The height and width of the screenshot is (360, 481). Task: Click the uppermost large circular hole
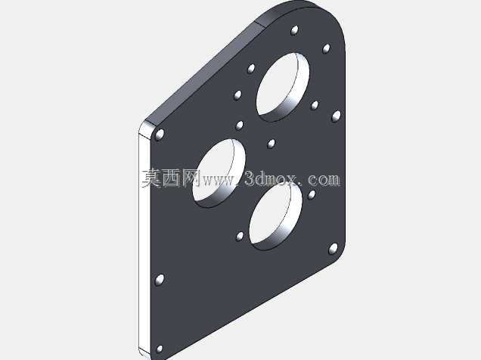click(283, 87)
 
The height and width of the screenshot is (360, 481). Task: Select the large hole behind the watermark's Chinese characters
click(219, 173)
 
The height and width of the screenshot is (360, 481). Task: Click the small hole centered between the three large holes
click(272, 144)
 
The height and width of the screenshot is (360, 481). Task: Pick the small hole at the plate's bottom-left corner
click(160, 349)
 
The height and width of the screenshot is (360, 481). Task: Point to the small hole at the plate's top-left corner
click(160, 135)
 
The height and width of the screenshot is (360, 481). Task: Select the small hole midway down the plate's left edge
click(160, 280)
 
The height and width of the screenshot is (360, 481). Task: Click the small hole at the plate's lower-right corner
click(333, 249)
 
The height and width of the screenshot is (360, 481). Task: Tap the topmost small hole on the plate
click(294, 30)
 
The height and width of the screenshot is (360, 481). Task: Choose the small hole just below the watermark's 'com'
click(312, 194)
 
